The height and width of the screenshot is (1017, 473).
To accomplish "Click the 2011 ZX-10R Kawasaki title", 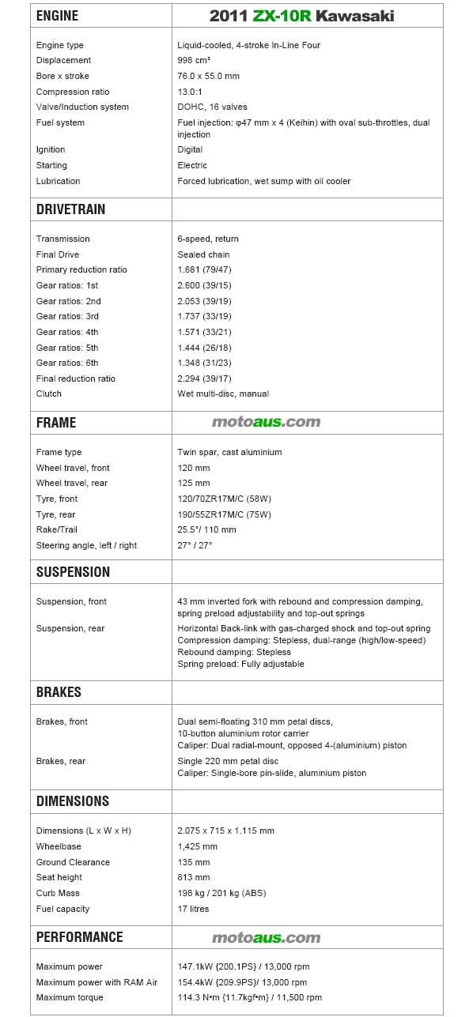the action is [x=301, y=16].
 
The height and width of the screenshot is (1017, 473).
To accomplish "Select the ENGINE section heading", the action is [x=57, y=16].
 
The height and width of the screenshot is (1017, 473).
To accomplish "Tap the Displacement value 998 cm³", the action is [x=194, y=61].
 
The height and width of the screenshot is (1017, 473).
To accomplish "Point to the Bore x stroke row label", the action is [x=62, y=76].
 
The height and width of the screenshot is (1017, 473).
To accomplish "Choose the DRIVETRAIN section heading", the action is [x=70, y=209].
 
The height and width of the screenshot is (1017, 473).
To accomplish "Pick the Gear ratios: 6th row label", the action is [x=67, y=363].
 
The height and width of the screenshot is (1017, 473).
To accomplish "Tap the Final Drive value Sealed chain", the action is [x=203, y=254].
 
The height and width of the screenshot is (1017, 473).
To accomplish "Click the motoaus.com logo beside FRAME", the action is [x=266, y=422].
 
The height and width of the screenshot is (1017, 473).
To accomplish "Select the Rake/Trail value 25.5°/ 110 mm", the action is [x=206, y=529].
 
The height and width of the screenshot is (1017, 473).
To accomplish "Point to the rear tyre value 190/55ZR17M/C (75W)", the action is [x=224, y=514].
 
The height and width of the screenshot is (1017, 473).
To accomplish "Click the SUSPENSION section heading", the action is [x=73, y=571].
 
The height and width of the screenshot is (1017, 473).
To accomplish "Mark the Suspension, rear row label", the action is [x=70, y=628].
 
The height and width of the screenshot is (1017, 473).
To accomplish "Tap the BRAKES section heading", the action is [x=59, y=691].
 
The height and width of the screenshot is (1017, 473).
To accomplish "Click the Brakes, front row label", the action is [x=62, y=721].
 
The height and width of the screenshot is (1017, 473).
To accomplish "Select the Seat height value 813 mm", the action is [x=194, y=877].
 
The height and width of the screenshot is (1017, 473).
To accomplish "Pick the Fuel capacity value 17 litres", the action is [x=193, y=909].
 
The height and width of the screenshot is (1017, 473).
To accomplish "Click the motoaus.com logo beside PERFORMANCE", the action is [x=266, y=937].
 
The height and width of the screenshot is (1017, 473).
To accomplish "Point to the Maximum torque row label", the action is [x=70, y=997].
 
